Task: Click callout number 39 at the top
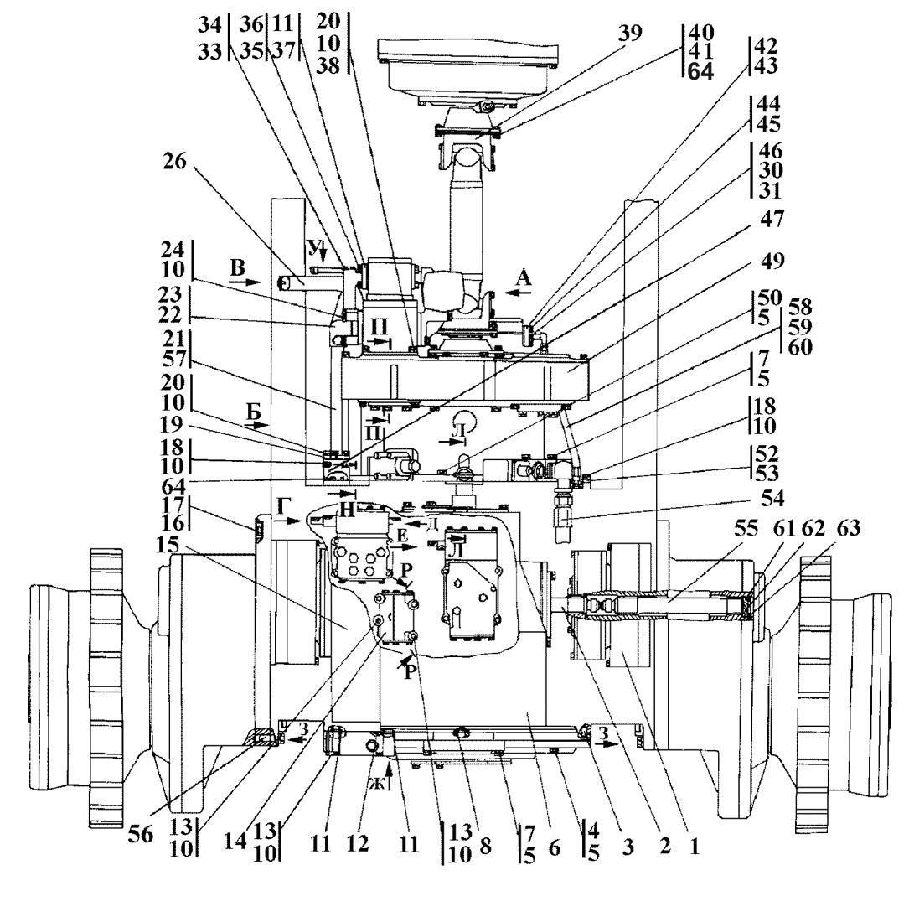[x=629, y=34]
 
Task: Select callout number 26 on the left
[x=174, y=161]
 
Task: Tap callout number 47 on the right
[x=772, y=219]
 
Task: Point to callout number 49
[x=772, y=261]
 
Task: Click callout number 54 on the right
[x=772, y=499]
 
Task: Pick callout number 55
[x=746, y=529]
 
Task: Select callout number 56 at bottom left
[x=141, y=835]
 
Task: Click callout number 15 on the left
[x=167, y=545]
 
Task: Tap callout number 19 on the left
[x=171, y=425]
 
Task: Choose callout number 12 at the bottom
[x=357, y=844]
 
